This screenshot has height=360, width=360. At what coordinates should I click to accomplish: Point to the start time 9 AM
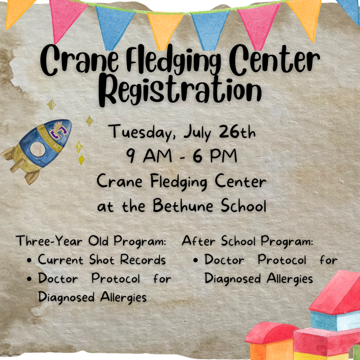(x=149, y=156)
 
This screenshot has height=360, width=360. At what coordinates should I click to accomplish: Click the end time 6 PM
(x=215, y=156)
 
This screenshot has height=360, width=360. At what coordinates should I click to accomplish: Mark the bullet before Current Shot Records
(x=29, y=261)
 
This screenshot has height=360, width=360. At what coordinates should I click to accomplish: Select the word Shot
(x=102, y=260)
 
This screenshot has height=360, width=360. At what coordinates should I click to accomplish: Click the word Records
(x=143, y=260)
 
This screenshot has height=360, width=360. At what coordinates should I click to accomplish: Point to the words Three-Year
(x=49, y=241)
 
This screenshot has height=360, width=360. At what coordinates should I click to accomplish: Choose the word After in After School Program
(x=199, y=241)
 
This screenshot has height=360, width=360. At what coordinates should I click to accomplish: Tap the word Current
(x=60, y=260)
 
